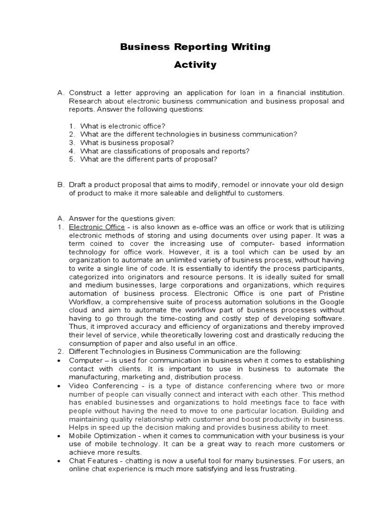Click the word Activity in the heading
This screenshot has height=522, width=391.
[195, 65]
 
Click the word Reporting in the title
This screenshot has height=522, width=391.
[189, 47]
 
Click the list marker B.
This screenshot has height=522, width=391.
[60, 185]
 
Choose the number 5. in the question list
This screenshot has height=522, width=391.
[72, 159]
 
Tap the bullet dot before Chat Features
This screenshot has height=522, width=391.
[60, 461]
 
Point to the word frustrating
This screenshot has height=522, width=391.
[276, 469]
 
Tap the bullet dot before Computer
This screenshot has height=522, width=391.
[60, 360]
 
